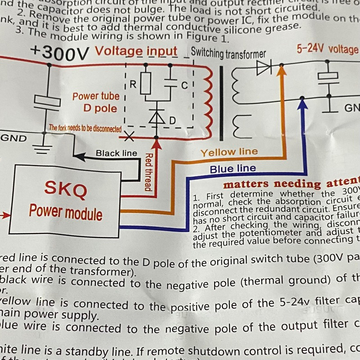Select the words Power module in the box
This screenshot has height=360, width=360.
click(x=66, y=211)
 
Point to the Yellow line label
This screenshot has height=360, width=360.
click(x=229, y=152)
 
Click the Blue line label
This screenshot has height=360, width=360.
click(x=233, y=169)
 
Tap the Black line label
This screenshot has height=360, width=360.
click(x=116, y=153)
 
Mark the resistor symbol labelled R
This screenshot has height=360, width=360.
click(x=145, y=85)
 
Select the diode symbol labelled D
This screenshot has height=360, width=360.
click(x=157, y=117)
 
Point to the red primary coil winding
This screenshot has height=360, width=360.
click(x=207, y=103)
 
